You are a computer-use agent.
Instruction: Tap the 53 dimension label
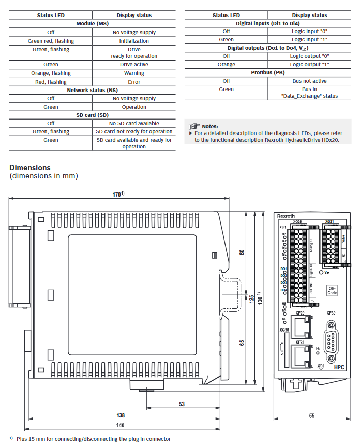point(182,404)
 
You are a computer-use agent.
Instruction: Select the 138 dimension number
point(120,415)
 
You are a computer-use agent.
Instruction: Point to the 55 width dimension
point(311,415)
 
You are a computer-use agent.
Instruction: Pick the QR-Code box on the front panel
point(332,290)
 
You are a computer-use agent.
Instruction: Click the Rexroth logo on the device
point(286,216)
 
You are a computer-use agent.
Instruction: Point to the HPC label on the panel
point(339,367)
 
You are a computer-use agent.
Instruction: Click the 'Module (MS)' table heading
point(92,24)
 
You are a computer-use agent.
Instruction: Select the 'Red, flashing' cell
point(51,82)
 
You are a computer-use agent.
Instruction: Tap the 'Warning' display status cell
point(134,73)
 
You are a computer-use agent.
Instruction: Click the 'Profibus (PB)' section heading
point(268,73)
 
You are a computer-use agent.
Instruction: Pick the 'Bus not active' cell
point(309,81)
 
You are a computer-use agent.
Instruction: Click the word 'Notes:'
point(210,126)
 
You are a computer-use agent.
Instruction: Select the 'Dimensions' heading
point(30,168)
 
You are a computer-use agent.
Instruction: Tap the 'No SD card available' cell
point(134,123)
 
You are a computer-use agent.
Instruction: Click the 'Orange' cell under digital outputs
point(226,65)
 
